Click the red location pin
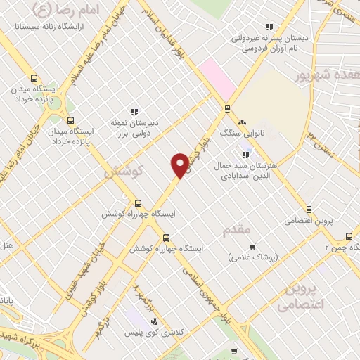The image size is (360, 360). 180,165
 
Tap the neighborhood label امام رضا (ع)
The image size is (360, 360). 70,10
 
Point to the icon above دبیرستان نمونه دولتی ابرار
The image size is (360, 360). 134,111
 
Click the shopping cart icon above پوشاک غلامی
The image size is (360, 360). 252,247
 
